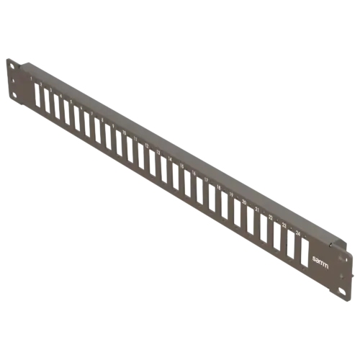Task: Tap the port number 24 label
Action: pyautogui.click(x=298, y=233)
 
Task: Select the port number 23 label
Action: pyautogui.click(x=284, y=225)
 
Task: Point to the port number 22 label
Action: pyautogui.click(x=271, y=217)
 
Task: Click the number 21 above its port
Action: pyautogui.click(x=257, y=210)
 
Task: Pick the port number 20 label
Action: pyautogui.click(x=244, y=202)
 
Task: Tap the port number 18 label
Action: pyautogui.click(x=219, y=188)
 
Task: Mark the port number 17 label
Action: pyautogui.click(x=207, y=180)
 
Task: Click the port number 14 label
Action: pyautogui.click(x=171, y=160)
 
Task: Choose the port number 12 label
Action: pyautogui.click(x=147, y=146)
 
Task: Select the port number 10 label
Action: pyautogui.click(x=124, y=133)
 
